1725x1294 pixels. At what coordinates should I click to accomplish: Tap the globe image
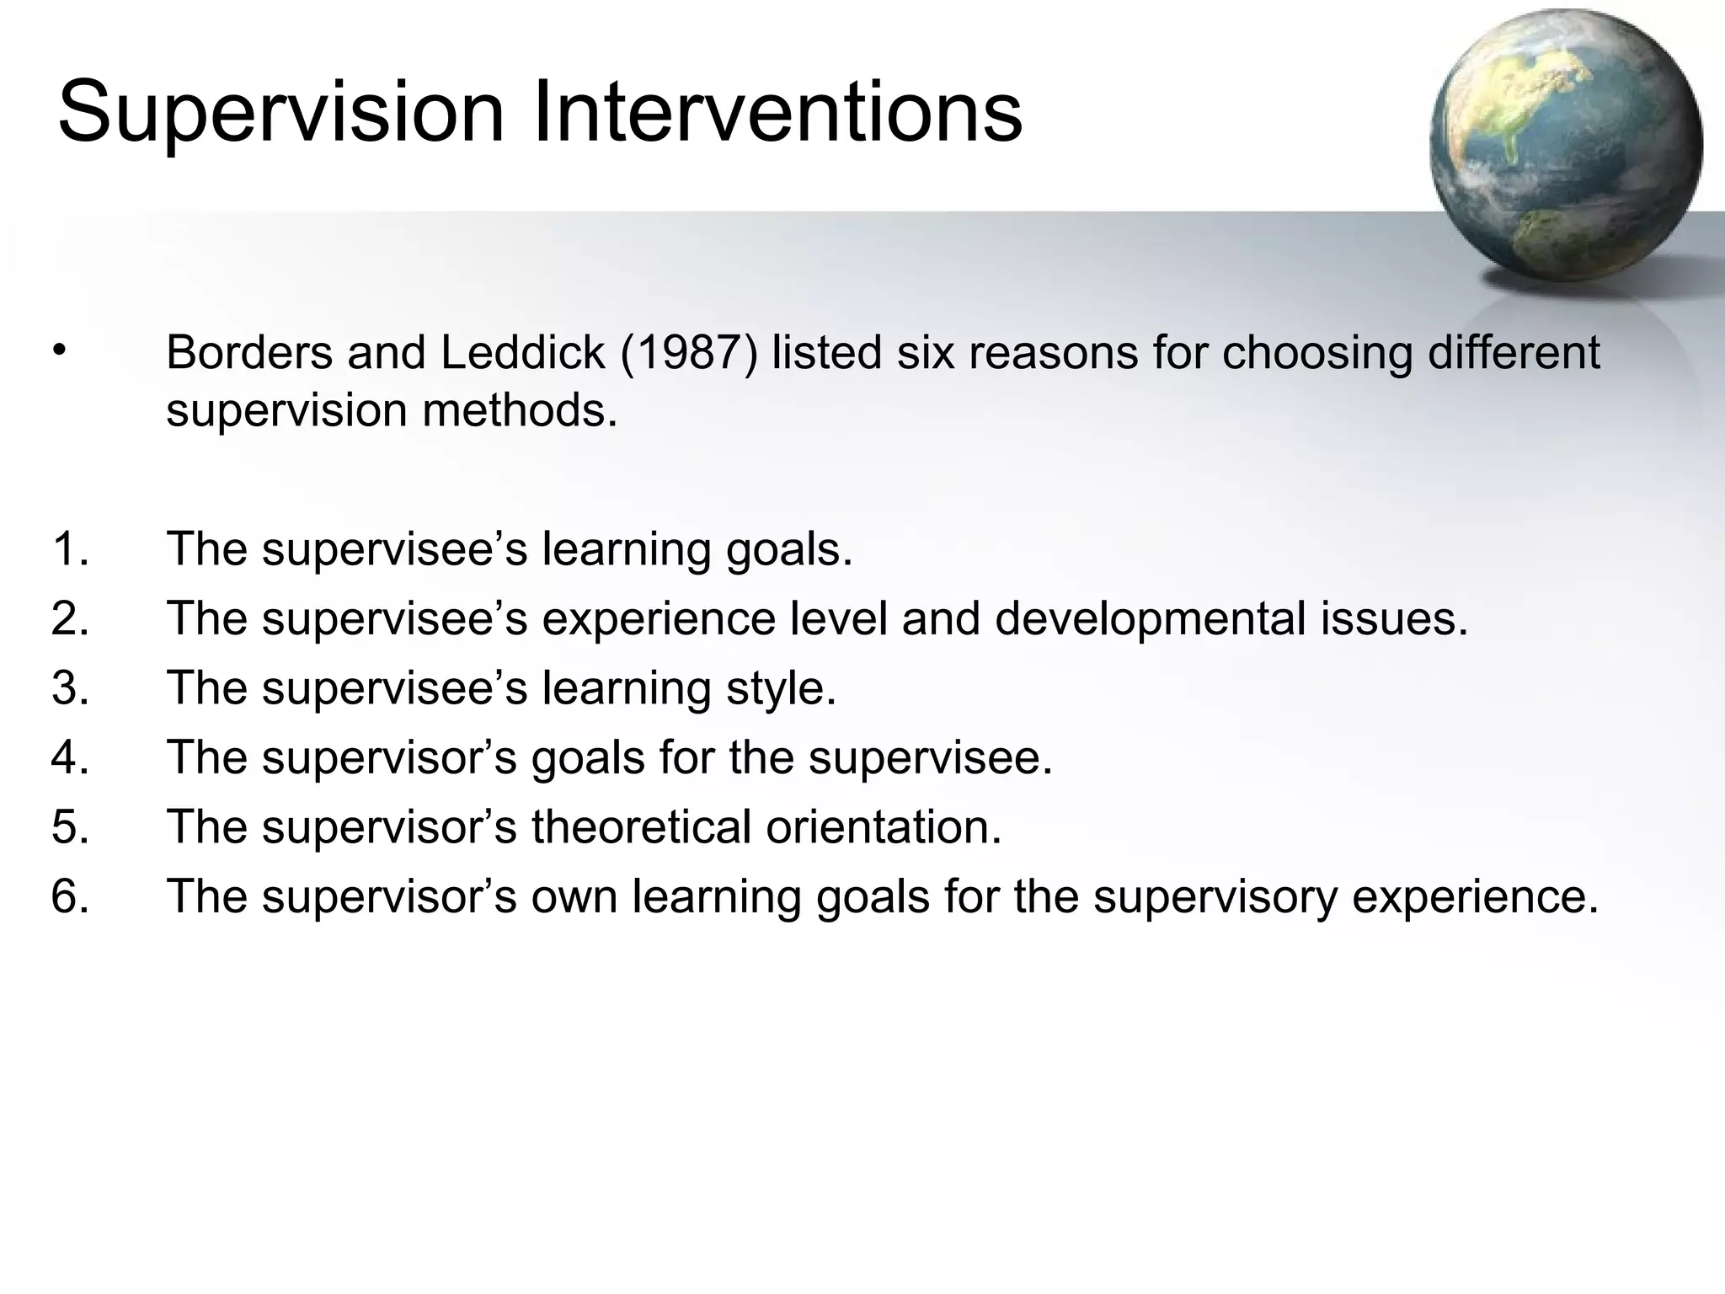[1565, 146]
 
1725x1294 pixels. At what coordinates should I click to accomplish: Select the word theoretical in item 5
[641, 826]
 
